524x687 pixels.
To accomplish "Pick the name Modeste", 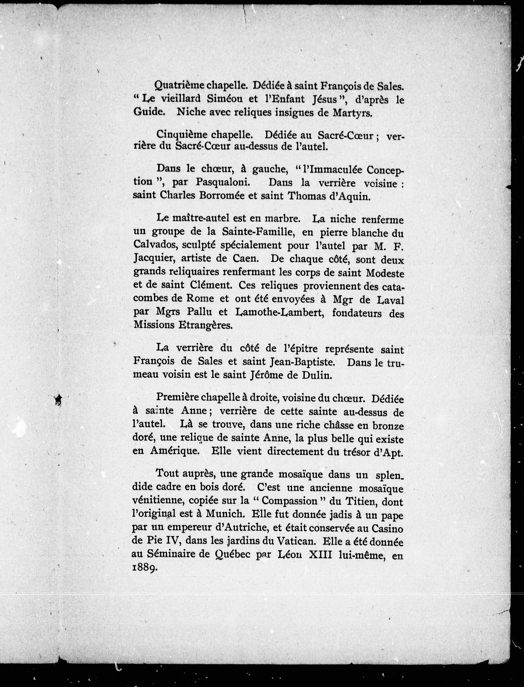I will [x=385, y=273].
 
